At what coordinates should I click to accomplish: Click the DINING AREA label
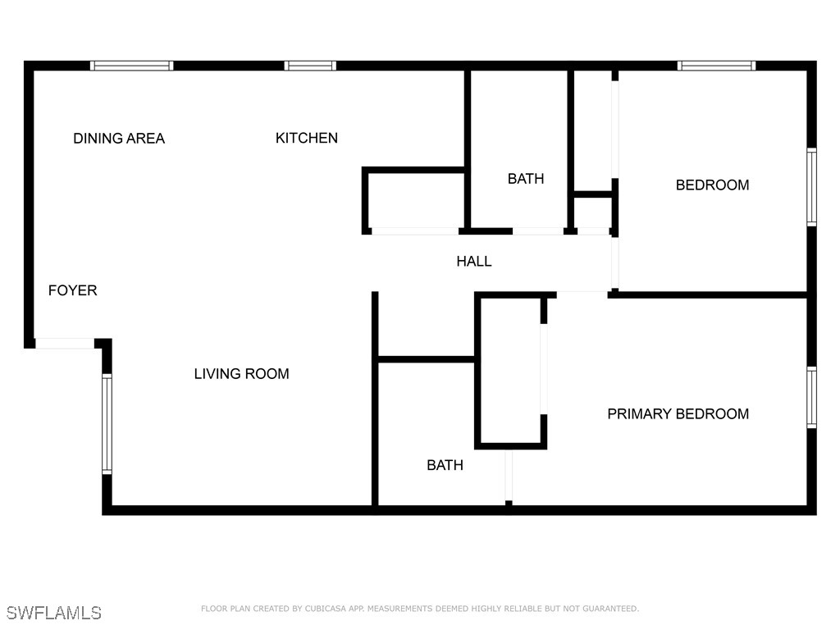119,138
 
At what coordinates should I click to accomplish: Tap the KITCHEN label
307,138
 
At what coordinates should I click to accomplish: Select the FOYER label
73,290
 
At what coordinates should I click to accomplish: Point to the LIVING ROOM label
242,373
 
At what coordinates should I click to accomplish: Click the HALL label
474,261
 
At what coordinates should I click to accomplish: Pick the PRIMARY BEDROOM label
678,413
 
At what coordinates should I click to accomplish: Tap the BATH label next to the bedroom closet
526,178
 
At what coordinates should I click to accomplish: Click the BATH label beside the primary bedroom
445,465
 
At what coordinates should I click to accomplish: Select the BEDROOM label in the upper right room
713,185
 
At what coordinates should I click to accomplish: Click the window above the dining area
132,66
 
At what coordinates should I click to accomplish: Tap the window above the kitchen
310,66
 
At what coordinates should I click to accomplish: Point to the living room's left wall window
107,424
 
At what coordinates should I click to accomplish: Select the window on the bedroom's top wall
716,66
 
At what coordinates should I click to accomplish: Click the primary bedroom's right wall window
811,397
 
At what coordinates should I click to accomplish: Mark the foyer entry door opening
65,344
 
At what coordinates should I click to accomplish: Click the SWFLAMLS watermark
53,613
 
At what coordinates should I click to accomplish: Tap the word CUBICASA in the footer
326,609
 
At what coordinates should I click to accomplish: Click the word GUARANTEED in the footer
610,609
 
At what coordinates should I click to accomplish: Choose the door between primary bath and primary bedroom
509,476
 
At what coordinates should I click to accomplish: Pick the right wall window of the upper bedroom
811,187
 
